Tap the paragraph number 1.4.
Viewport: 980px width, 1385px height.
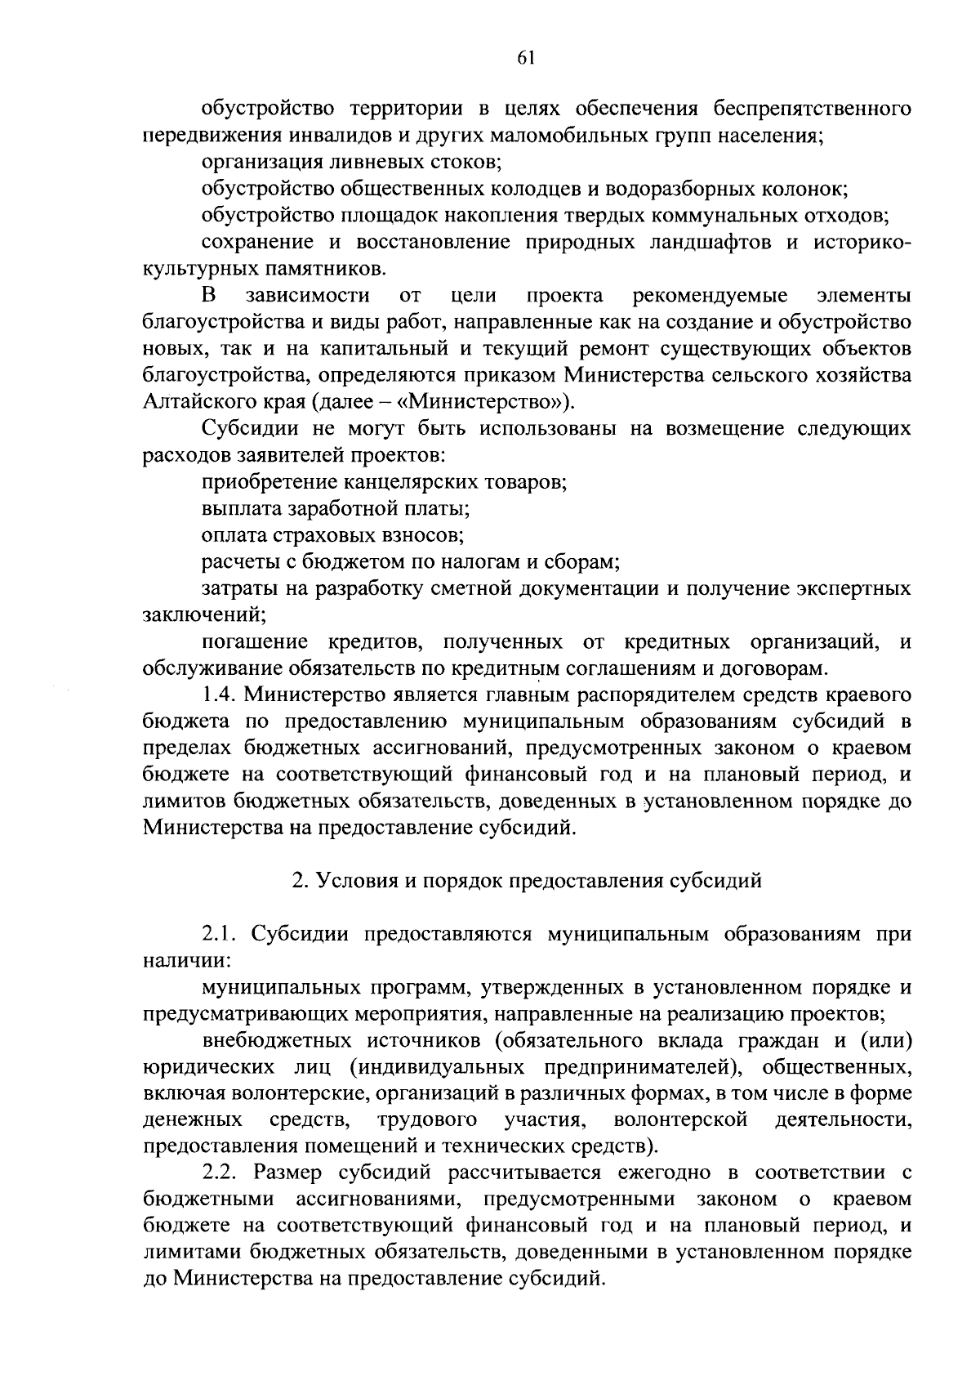[220, 695]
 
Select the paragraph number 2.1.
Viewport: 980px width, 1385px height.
[220, 934]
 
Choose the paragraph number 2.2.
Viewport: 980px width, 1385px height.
[220, 1173]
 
